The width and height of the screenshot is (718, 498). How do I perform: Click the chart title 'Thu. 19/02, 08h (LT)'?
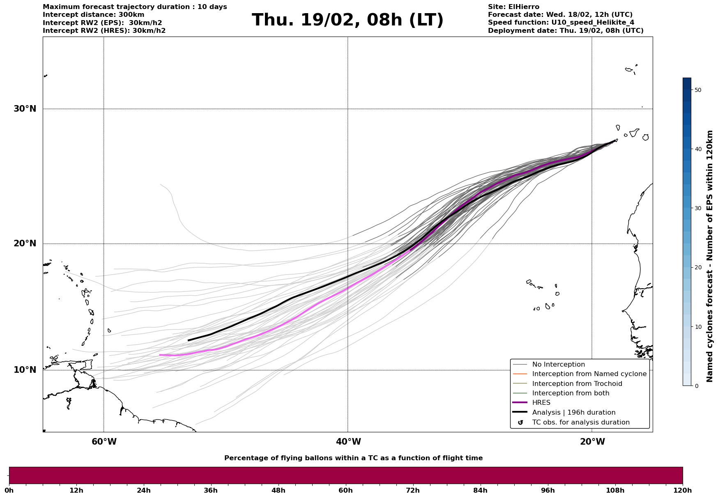(x=347, y=20)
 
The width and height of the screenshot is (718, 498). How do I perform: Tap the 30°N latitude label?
(x=25, y=109)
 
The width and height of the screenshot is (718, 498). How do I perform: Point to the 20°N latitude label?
(x=25, y=243)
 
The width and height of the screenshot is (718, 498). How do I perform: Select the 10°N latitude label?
(x=25, y=370)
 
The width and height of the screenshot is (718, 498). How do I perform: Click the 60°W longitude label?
(x=104, y=442)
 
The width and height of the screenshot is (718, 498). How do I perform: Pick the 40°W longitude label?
(x=348, y=442)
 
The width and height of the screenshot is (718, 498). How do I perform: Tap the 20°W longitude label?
(x=592, y=442)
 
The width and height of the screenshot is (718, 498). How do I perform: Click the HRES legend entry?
(x=541, y=403)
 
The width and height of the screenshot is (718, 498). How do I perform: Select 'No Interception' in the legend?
(x=558, y=365)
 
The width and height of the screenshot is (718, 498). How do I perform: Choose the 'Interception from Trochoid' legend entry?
(x=577, y=384)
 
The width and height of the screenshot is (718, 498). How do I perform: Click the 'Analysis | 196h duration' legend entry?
(x=573, y=413)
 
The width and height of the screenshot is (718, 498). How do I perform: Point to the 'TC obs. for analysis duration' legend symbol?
(x=520, y=422)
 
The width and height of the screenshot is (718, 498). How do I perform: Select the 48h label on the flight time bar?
(x=278, y=490)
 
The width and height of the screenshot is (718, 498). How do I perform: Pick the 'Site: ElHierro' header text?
(x=513, y=7)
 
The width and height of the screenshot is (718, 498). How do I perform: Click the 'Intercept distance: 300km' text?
(x=93, y=15)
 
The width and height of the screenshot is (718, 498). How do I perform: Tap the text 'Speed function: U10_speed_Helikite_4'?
(x=561, y=23)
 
